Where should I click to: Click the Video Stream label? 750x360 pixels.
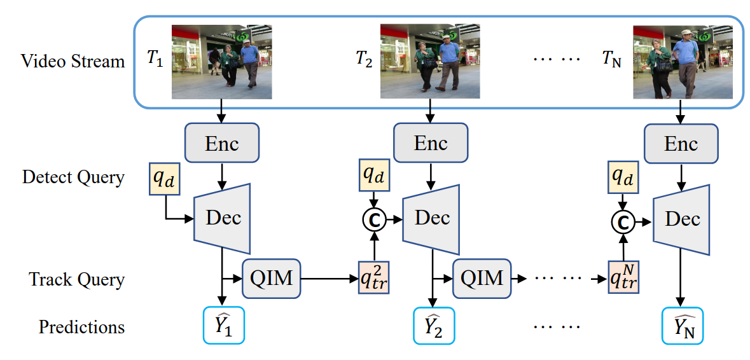73,61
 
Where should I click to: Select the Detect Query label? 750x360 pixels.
73,177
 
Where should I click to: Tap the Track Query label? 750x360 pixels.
77,279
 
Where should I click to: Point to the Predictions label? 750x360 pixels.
81,327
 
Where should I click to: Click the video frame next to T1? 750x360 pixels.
221,62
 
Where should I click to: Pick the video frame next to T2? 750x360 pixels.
430,61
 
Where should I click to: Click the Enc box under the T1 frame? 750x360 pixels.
222,144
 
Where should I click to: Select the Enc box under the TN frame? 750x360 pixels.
681,144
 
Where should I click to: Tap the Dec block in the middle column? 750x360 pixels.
432,218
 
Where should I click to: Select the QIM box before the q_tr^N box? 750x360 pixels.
482,278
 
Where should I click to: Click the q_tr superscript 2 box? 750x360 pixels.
373,278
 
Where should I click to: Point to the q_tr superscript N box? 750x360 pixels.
623,278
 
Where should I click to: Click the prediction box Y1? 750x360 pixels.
223,326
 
